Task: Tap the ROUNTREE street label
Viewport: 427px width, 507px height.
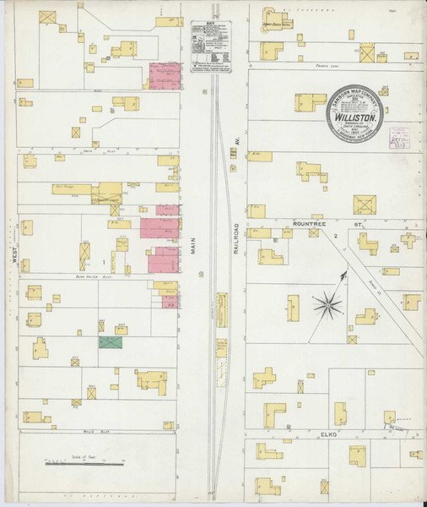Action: click(308, 224)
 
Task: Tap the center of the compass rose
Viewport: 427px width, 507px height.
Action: click(328, 304)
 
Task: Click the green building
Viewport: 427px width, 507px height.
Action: click(110, 342)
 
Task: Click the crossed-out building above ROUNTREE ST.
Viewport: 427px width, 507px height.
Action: click(365, 204)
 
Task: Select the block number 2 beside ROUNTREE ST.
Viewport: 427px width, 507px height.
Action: click(335, 235)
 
